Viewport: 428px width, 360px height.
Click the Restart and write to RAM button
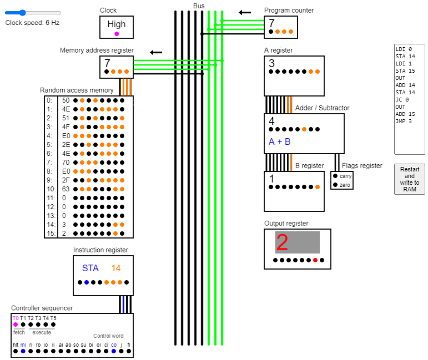[x=409, y=179]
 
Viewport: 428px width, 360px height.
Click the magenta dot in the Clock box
[x=117, y=34]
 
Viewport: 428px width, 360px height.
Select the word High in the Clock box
[x=117, y=24]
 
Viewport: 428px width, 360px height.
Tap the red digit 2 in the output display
[x=282, y=243]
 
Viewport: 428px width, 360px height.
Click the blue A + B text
[x=280, y=141]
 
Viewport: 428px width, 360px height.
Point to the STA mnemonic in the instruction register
[x=90, y=268]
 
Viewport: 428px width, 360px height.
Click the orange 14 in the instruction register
[x=115, y=268]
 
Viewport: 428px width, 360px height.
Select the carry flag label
[x=345, y=176]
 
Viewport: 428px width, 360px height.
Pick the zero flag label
[x=345, y=185]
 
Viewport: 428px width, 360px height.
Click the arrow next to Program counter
[x=244, y=12]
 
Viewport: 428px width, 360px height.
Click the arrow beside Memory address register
[x=156, y=52]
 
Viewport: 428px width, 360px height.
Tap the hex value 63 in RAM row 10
[x=66, y=189]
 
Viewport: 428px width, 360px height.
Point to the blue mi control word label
[x=23, y=344]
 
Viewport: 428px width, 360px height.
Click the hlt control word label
[x=15, y=344]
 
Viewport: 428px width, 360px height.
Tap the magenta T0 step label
[x=15, y=318]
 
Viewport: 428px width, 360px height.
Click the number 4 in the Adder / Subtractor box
[x=271, y=121]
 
